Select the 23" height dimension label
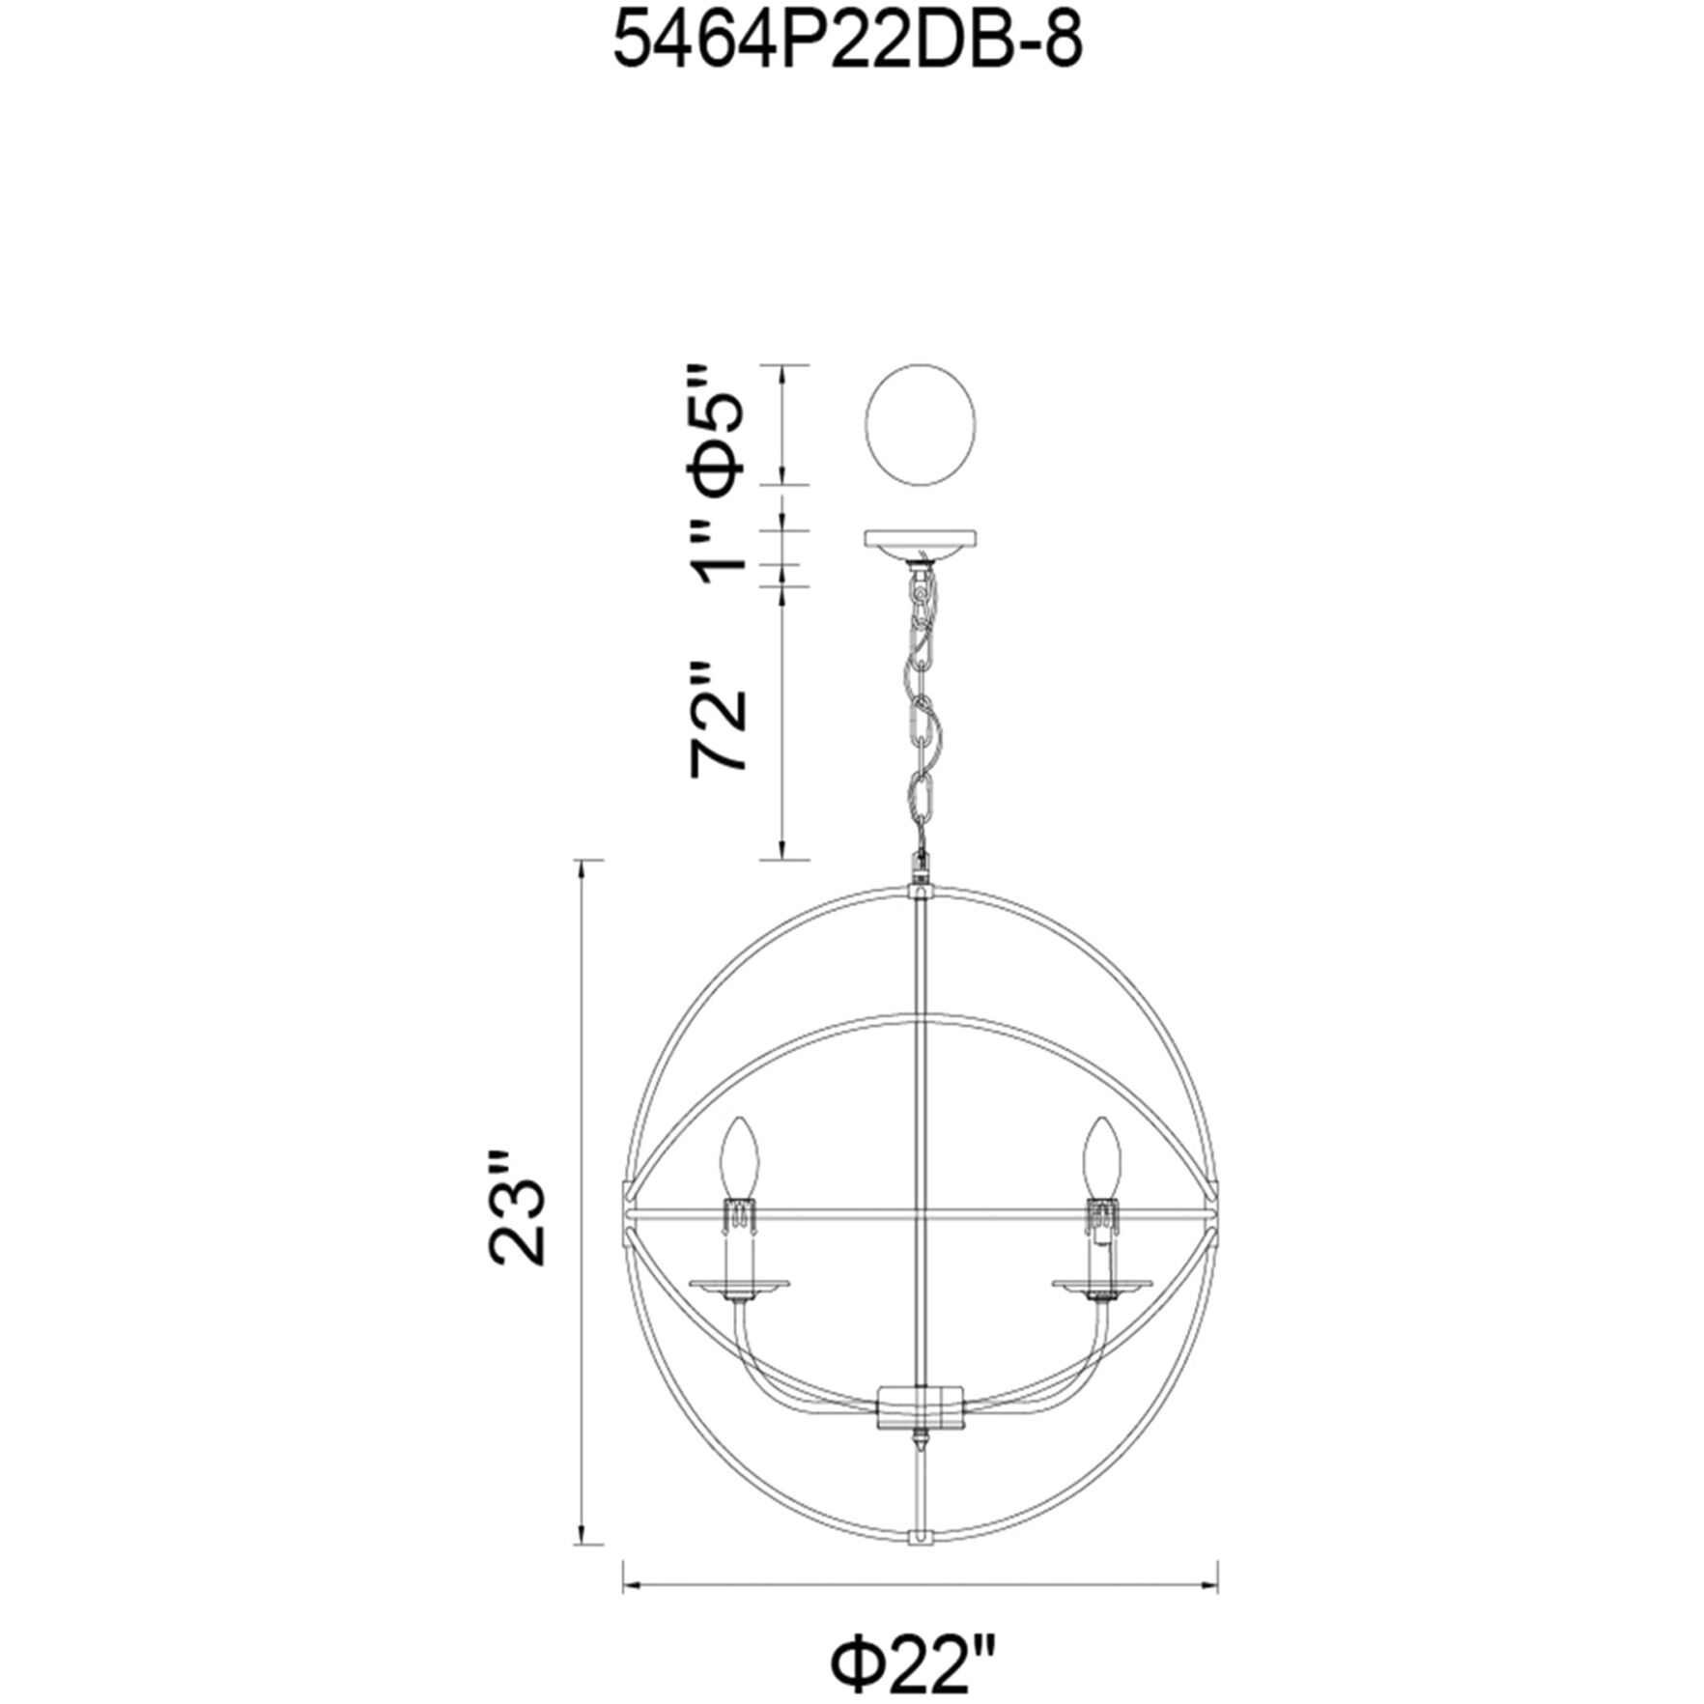pyautogui.click(x=519, y=1207)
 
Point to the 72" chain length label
pyautogui.click(x=720, y=717)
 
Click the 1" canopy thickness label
pyautogui.click(x=720, y=546)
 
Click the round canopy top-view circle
pyautogui.click(x=921, y=427)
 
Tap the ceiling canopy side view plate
pyautogui.click(x=921, y=541)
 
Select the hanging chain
pyautogui.click(x=921, y=715)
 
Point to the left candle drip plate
pyautogui.click(x=739, y=1284)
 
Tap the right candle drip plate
pyautogui.click(x=1101, y=1284)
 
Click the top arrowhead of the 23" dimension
pyautogui.click(x=582, y=868)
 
